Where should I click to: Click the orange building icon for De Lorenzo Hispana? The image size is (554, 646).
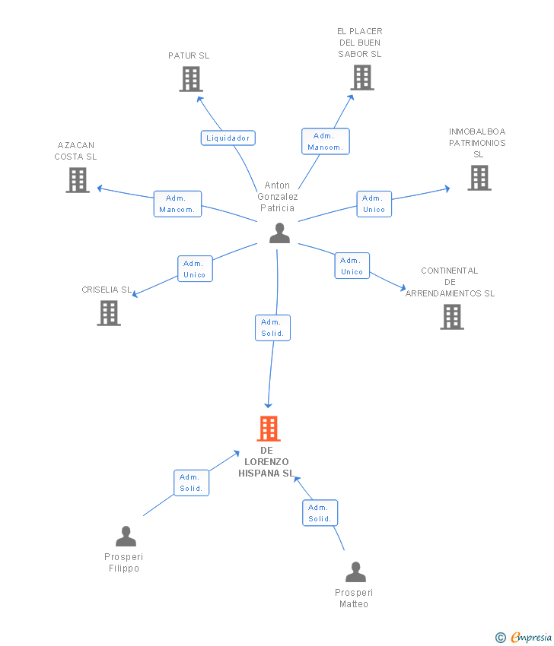(x=269, y=429)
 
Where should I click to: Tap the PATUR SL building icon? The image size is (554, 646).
(x=191, y=79)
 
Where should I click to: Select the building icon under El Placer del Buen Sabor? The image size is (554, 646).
(x=362, y=78)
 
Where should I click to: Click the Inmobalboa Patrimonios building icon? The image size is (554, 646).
(x=479, y=178)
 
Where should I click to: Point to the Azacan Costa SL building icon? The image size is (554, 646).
(x=78, y=180)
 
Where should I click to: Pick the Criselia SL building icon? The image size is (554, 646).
(x=109, y=313)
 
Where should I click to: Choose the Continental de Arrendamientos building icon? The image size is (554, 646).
(x=452, y=317)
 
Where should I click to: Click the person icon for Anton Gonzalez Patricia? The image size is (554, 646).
(x=279, y=233)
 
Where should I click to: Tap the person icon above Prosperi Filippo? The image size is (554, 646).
(x=126, y=537)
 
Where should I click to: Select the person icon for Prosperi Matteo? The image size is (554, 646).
(x=355, y=572)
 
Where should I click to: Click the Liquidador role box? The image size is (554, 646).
(x=228, y=138)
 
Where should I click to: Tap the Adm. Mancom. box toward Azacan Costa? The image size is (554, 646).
(x=177, y=204)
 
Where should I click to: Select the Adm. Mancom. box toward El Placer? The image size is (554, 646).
(x=326, y=141)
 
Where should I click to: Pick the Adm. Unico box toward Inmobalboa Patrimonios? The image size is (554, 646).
(x=374, y=204)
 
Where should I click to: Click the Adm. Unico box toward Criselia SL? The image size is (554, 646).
(x=195, y=269)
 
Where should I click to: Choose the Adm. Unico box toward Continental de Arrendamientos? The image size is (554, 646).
(x=352, y=266)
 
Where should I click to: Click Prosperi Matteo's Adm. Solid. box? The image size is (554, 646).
(x=320, y=513)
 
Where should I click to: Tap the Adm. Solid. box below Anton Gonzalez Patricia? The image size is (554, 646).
(x=272, y=328)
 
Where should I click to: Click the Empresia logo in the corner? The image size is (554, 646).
(x=524, y=637)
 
